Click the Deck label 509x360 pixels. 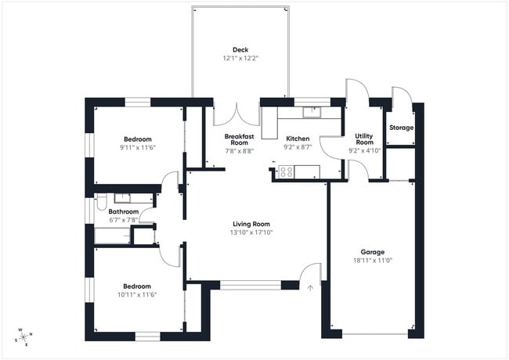(x=240, y=49)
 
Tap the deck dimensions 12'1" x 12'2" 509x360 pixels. (x=240, y=58)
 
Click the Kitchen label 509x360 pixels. (x=298, y=139)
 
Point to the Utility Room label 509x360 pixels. (x=363, y=139)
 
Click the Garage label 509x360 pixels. (x=372, y=252)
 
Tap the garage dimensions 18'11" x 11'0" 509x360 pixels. (x=372, y=261)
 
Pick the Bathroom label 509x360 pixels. (x=124, y=211)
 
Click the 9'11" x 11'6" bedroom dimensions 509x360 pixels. (x=139, y=147)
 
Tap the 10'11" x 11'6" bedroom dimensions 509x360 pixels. (x=137, y=295)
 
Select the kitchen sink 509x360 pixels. (x=312, y=111)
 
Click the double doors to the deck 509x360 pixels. (x=236, y=116)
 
